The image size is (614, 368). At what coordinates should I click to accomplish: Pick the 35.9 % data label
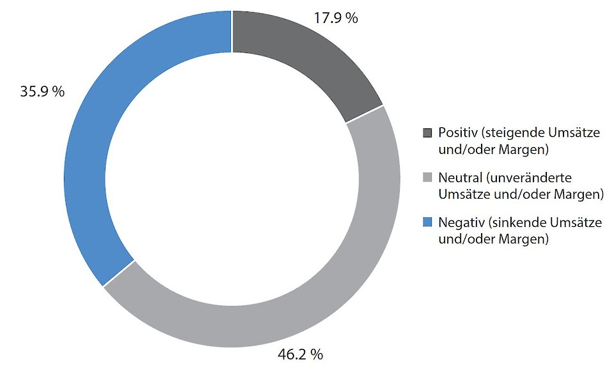click(x=43, y=91)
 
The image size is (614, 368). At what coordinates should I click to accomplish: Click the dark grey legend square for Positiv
click(x=428, y=133)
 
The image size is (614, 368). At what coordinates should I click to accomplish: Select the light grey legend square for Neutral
click(x=428, y=177)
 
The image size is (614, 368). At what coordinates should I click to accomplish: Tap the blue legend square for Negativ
click(x=428, y=222)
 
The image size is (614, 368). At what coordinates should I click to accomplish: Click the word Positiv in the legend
click(x=458, y=133)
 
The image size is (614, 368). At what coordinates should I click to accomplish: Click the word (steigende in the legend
click(x=513, y=133)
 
